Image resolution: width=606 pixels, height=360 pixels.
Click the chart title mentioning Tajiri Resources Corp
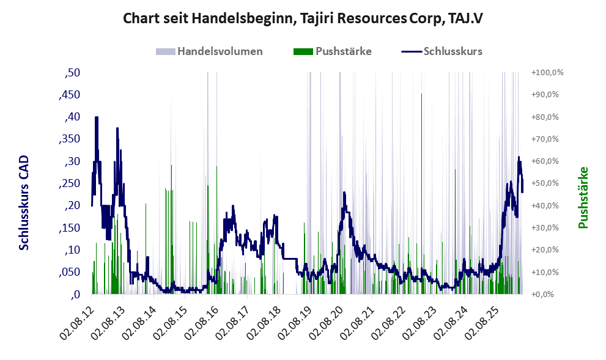303,18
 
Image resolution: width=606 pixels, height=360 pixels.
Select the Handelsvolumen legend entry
209,51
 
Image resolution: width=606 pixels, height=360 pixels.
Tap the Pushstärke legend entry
333,51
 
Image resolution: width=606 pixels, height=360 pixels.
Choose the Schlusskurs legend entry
442,51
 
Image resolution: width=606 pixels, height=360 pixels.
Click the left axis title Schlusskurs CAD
24,202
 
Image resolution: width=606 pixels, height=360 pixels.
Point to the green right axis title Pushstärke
583,197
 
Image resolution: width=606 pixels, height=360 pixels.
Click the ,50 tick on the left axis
72,73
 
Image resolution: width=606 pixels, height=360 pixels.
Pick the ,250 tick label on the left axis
70,183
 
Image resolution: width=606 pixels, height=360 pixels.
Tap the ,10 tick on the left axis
72,250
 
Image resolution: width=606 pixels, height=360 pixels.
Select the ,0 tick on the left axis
75,295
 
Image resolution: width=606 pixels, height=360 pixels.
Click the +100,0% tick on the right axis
547,73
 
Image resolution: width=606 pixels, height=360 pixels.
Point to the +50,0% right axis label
545,183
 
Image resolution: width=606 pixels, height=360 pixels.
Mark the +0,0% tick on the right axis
542,295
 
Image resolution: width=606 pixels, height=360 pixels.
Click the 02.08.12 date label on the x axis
76,318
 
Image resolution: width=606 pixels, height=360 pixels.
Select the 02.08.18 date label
264,318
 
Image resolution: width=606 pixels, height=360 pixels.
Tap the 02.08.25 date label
481,318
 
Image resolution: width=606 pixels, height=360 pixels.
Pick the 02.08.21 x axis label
357,318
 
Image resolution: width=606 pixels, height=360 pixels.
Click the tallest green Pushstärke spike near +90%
421,194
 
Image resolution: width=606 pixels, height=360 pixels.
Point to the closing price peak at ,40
96,117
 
